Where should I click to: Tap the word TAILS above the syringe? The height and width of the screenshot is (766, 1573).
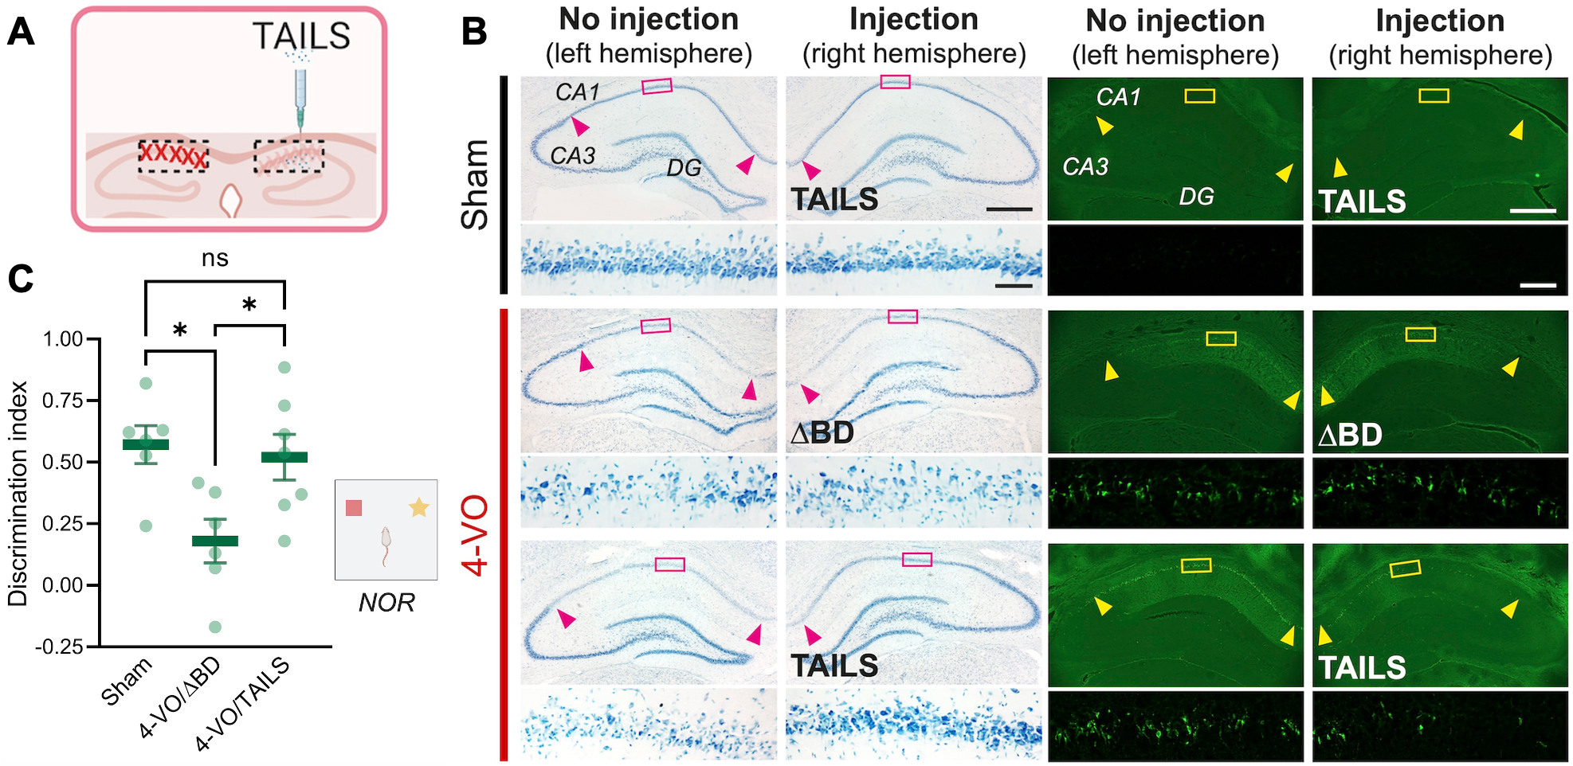301,36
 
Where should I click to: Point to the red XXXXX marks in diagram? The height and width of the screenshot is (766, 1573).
172,154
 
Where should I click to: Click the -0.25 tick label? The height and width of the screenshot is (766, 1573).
59,647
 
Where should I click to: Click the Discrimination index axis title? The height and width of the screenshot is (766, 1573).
18,494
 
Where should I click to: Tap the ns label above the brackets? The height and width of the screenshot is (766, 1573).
215,258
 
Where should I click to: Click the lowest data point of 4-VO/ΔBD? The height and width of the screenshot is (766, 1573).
215,627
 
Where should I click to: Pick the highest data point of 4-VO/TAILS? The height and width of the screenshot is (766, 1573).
284,367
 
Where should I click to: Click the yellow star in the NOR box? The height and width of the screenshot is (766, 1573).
419,507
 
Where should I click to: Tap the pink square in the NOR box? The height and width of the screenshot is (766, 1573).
354,508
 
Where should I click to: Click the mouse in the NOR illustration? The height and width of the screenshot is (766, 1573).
386,545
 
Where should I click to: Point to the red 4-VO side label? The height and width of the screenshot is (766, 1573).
475,535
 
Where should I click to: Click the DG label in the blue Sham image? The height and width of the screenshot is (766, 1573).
685,168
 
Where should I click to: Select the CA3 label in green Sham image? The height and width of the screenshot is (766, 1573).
1085,167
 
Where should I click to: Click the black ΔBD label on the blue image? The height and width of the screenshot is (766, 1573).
822,433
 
